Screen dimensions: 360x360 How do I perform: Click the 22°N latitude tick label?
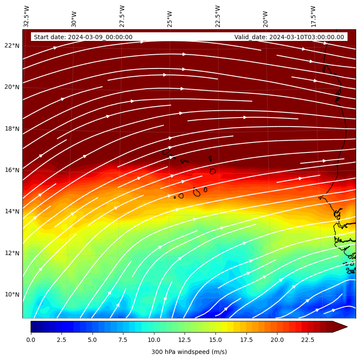tap(12, 46)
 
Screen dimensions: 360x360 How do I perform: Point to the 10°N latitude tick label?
tap(12, 295)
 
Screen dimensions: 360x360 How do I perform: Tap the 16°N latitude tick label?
tap(12, 170)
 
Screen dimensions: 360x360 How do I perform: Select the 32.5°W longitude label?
tap(27, 16)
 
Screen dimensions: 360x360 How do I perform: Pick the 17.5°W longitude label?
tap(313, 16)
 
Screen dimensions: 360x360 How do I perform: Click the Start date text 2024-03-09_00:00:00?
tap(83, 37)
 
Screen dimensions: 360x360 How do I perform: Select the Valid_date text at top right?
tap(289, 37)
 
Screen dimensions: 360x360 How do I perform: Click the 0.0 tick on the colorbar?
tap(31, 340)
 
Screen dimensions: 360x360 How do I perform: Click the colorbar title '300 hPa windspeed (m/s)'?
tap(189, 352)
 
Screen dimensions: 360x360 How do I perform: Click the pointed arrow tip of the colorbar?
tap(346, 327)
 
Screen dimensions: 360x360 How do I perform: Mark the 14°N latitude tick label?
tap(12, 211)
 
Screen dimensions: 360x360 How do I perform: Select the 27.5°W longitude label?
tap(122, 16)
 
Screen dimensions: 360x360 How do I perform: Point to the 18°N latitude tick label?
tap(12, 129)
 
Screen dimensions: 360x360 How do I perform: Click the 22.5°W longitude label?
tap(218, 16)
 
